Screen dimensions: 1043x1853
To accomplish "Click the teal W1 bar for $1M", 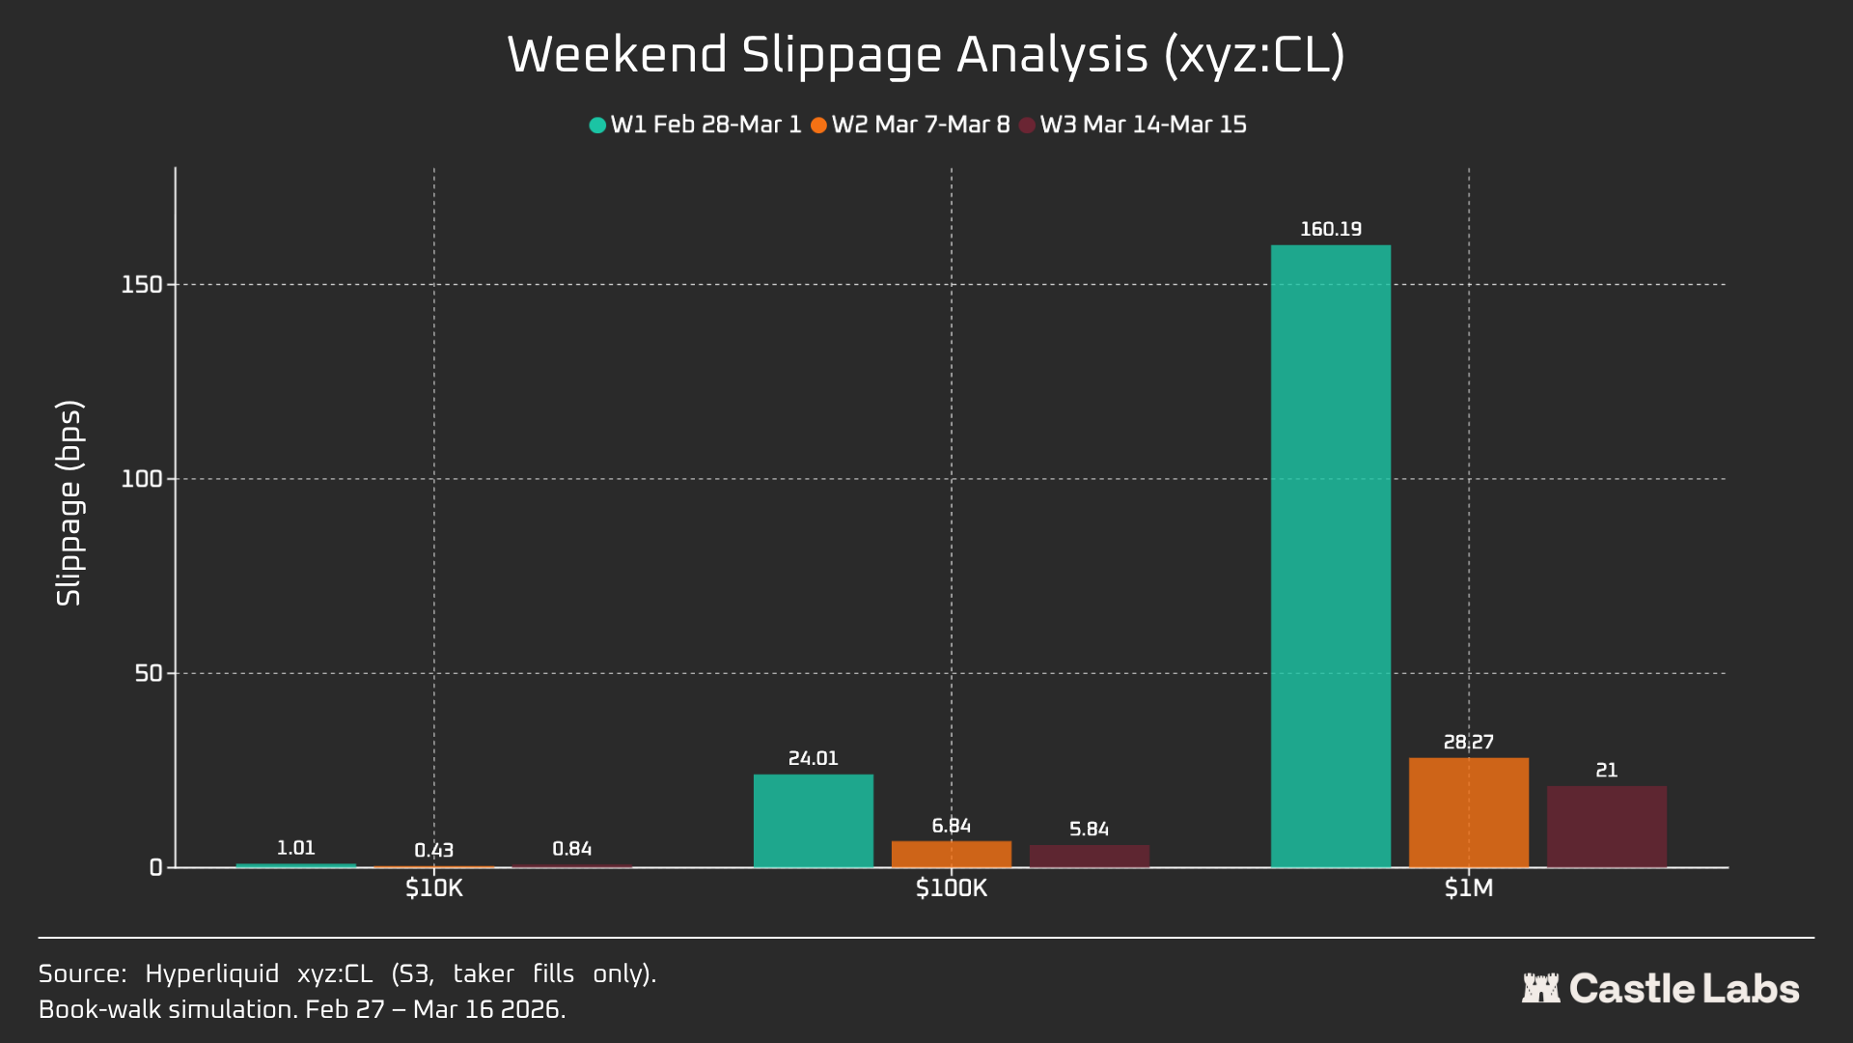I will [x=1330, y=555].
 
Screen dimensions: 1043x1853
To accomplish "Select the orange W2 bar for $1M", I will [x=1468, y=812].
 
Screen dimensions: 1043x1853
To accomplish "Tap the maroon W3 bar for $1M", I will [x=1606, y=827].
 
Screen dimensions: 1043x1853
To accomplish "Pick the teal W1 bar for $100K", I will [x=813, y=821].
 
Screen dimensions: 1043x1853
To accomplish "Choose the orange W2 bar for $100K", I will [x=951, y=854].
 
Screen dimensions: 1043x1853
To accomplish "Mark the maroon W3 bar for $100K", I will [x=1089, y=857].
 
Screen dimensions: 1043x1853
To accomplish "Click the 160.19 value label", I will [x=1330, y=229].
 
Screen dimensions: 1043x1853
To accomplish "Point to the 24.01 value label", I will [x=813, y=758].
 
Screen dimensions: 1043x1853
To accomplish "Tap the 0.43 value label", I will [x=433, y=850].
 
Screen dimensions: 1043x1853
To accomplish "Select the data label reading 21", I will [x=1606, y=770].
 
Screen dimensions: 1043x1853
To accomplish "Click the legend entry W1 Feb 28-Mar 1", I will [x=695, y=125].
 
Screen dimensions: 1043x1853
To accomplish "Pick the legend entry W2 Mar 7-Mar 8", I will [x=910, y=125].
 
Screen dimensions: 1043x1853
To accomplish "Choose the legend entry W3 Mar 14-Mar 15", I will [x=1133, y=125].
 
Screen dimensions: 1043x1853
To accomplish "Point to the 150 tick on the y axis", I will [x=141, y=285].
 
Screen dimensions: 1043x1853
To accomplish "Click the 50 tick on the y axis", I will [x=148, y=673].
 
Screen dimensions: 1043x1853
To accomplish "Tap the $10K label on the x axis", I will [x=433, y=888].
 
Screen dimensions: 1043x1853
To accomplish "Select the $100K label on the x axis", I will [x=951, y=888].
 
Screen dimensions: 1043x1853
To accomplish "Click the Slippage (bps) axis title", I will [x=69, y=503].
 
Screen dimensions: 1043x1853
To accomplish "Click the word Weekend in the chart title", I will [x=617, y=55].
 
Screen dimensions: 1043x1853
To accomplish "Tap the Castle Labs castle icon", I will [x=1540, y=988].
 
